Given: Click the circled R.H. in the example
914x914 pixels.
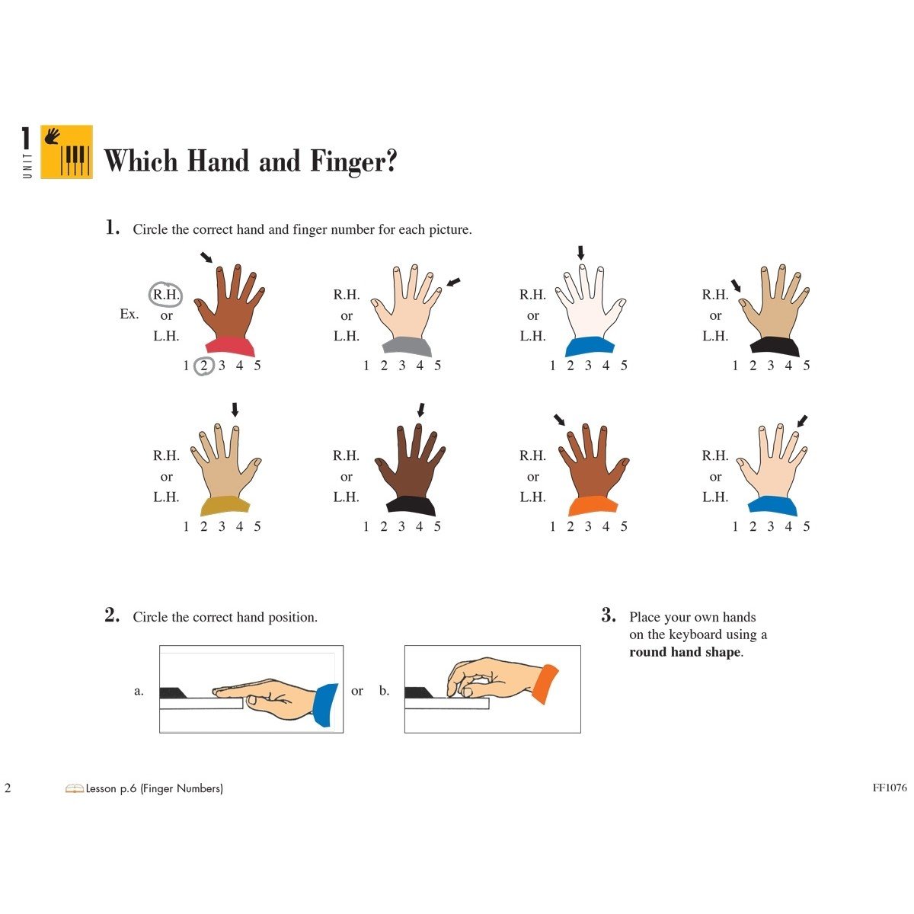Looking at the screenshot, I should coord(166,294).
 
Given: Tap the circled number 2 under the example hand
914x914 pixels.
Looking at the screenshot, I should coord(203,366).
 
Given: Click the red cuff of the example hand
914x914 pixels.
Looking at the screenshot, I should coord(230,347).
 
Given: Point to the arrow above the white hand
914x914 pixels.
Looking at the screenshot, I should coord(581,253).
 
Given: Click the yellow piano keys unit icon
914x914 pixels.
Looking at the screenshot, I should coord(66,152).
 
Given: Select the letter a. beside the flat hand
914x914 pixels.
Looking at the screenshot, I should coord(139,691).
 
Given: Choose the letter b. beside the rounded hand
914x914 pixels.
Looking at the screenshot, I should coord(384,691).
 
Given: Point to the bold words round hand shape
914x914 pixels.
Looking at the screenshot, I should coord(685,652).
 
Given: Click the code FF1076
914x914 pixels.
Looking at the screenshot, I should coord(890,788).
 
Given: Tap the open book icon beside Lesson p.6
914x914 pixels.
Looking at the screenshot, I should coord(74,788).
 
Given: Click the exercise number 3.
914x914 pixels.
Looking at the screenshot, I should coord(608,615).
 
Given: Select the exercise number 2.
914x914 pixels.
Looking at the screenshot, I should coord(112,615).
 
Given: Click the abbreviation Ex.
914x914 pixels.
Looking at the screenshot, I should coord(129,314).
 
